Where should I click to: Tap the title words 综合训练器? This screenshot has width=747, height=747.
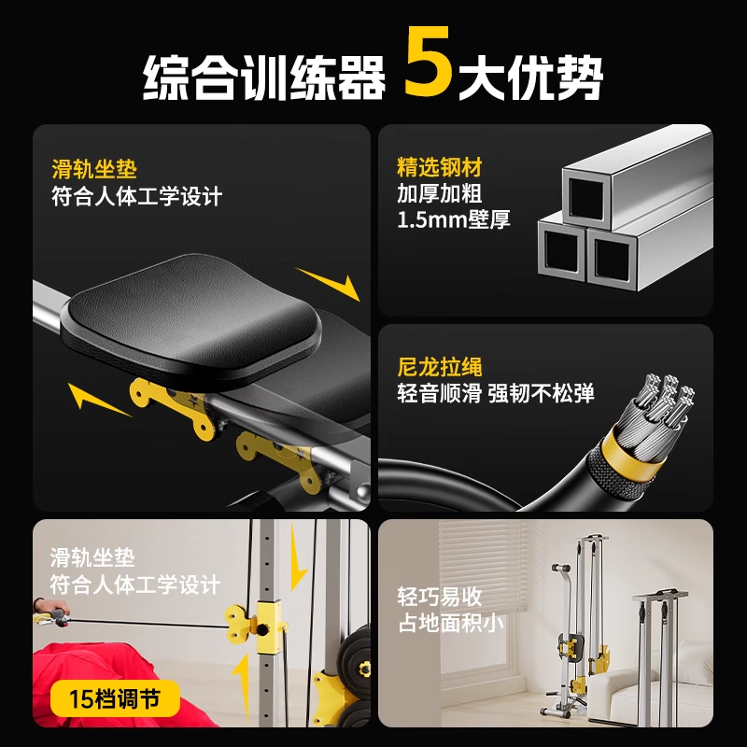coord(264,76)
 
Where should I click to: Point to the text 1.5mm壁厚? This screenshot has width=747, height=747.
coord(454,221)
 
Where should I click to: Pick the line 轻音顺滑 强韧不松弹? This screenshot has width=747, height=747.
coord(495,393)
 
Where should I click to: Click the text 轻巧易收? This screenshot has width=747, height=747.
coord(439,597)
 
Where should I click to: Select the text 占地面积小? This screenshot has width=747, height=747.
coord(451,622)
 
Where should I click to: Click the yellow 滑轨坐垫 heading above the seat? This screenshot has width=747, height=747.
coord(93,170)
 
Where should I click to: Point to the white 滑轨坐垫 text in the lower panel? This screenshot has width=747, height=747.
coord(92,557)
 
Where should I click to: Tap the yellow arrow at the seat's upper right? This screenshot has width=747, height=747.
coord(329,281)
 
